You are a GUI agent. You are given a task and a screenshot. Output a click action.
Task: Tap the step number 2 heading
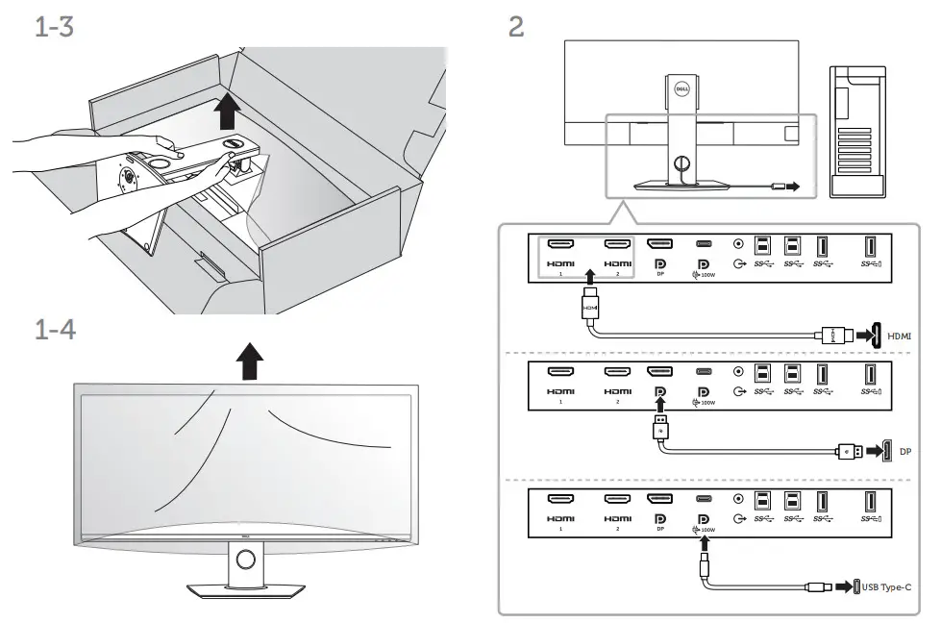(515, 26)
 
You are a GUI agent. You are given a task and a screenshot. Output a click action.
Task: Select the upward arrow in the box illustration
(226, 112)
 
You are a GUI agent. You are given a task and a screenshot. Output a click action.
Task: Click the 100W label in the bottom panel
(707, 529)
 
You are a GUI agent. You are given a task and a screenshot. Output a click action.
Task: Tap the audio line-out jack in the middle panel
(738, 371)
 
